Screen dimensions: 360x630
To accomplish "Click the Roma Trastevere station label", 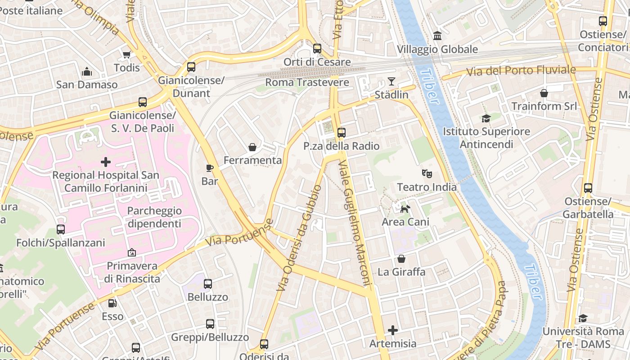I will coord(307,82).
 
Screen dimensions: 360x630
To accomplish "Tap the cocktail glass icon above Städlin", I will coord(391,81).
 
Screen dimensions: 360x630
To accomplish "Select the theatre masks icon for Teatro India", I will coord(427,173).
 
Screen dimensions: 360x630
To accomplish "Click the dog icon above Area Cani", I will coord(405,208).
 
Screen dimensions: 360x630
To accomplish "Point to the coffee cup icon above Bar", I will coord(210,168).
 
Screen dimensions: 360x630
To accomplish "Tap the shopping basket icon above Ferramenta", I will coord(252,147).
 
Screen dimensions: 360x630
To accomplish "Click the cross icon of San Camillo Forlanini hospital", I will coord(106,162).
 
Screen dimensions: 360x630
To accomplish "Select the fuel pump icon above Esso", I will coord(112,303).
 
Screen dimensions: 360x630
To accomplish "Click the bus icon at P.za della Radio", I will coord(342,133).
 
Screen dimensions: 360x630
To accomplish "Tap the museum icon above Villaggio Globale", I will coord(437,36).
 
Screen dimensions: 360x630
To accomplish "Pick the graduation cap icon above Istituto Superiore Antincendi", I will coord(486,118).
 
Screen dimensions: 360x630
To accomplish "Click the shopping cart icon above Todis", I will coord(126,54).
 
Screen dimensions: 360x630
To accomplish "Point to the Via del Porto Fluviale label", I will coord(521,71).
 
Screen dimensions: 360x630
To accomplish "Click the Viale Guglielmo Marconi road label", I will coord(356,223).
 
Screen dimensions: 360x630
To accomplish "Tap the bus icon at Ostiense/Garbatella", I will coord(588,188).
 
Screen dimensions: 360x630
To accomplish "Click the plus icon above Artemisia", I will coord(393,330).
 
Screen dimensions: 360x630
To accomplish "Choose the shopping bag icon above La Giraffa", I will coord(401,259).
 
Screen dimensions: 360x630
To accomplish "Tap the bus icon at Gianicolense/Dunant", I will coord(191,67).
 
